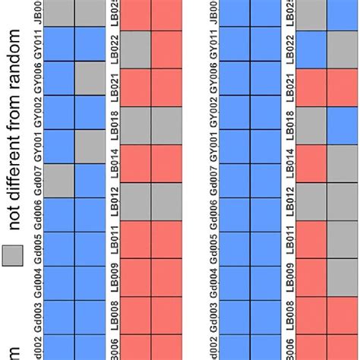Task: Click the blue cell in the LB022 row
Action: point(311,47)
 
